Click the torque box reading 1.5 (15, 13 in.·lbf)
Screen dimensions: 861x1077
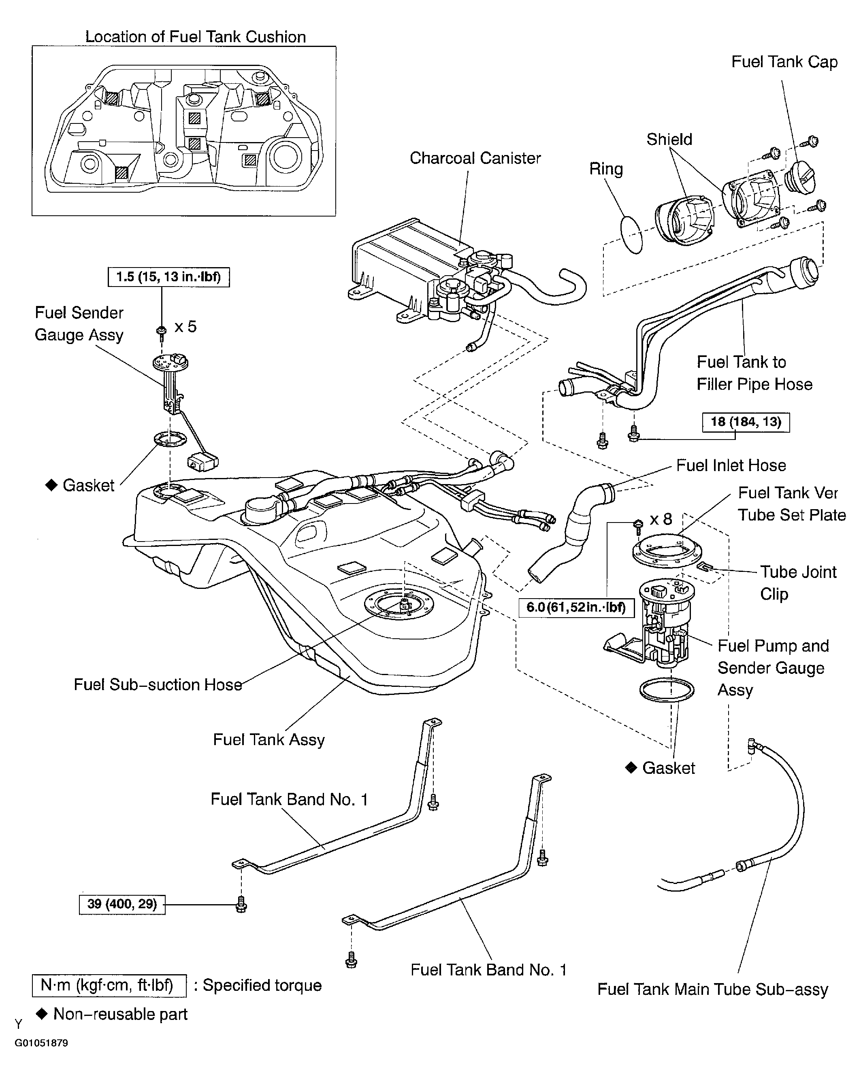(168, 277)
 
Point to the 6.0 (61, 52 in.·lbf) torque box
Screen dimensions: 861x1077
(576, 608)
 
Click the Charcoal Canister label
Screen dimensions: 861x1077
(475, 158)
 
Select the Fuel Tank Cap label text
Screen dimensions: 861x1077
(784, 62)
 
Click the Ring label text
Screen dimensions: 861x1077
(606, 169)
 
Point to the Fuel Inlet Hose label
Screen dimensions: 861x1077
(731, 465)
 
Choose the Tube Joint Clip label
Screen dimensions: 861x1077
(798, 582)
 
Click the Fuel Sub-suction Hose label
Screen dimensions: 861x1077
(158, 684)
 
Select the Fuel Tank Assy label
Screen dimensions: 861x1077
(269, 739)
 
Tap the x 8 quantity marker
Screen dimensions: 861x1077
(661, 520)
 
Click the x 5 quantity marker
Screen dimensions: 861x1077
(185, 327)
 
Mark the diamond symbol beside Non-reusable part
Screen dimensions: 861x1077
(42, 1013)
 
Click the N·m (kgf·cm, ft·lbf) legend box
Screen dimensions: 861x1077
(109, 986)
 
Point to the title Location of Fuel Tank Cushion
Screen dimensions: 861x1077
(195, 36)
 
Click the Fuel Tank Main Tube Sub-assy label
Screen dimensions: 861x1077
(713, 989)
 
